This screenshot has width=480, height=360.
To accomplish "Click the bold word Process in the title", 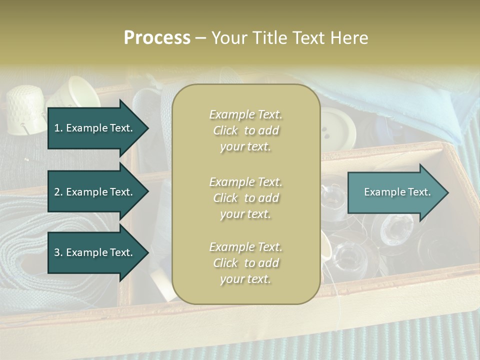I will (x=157, y=38).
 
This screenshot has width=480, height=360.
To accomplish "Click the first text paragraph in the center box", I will (x=245, y=130).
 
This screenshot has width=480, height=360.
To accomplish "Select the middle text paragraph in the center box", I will (x=245, y=198).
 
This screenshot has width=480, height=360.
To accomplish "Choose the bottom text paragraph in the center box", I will (x=245, y=263).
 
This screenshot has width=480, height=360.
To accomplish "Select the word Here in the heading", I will (x=349, y=38).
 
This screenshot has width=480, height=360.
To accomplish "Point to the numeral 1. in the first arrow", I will (x=58, y=128).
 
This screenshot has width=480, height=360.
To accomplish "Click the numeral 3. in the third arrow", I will (x=58, y=252).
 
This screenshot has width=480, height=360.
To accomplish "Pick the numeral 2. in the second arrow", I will (x=58, y=192).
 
